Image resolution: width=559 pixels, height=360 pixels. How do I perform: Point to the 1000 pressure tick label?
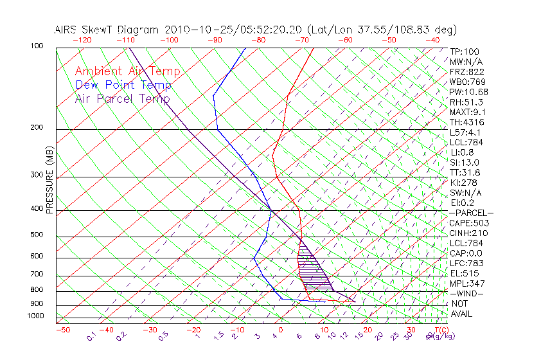click(x=35, y=316)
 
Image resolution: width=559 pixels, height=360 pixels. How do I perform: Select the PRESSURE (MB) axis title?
click(x=49, y=179)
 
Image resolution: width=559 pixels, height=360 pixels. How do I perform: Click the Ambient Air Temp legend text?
click(x=127, y=71)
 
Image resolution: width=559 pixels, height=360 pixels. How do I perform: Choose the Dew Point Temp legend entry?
click(x=123, y=85)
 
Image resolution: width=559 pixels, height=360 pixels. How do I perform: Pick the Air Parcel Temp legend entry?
click(x=122, y=98)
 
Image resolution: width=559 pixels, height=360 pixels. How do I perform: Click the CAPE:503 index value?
click(x=466, y=223)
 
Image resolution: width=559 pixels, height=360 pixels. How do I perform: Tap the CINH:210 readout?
click(x=466, y=233)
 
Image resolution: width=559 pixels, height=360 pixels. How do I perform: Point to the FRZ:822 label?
click(x=465, y=72)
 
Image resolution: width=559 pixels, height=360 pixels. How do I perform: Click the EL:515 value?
click(x=463, y=273)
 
